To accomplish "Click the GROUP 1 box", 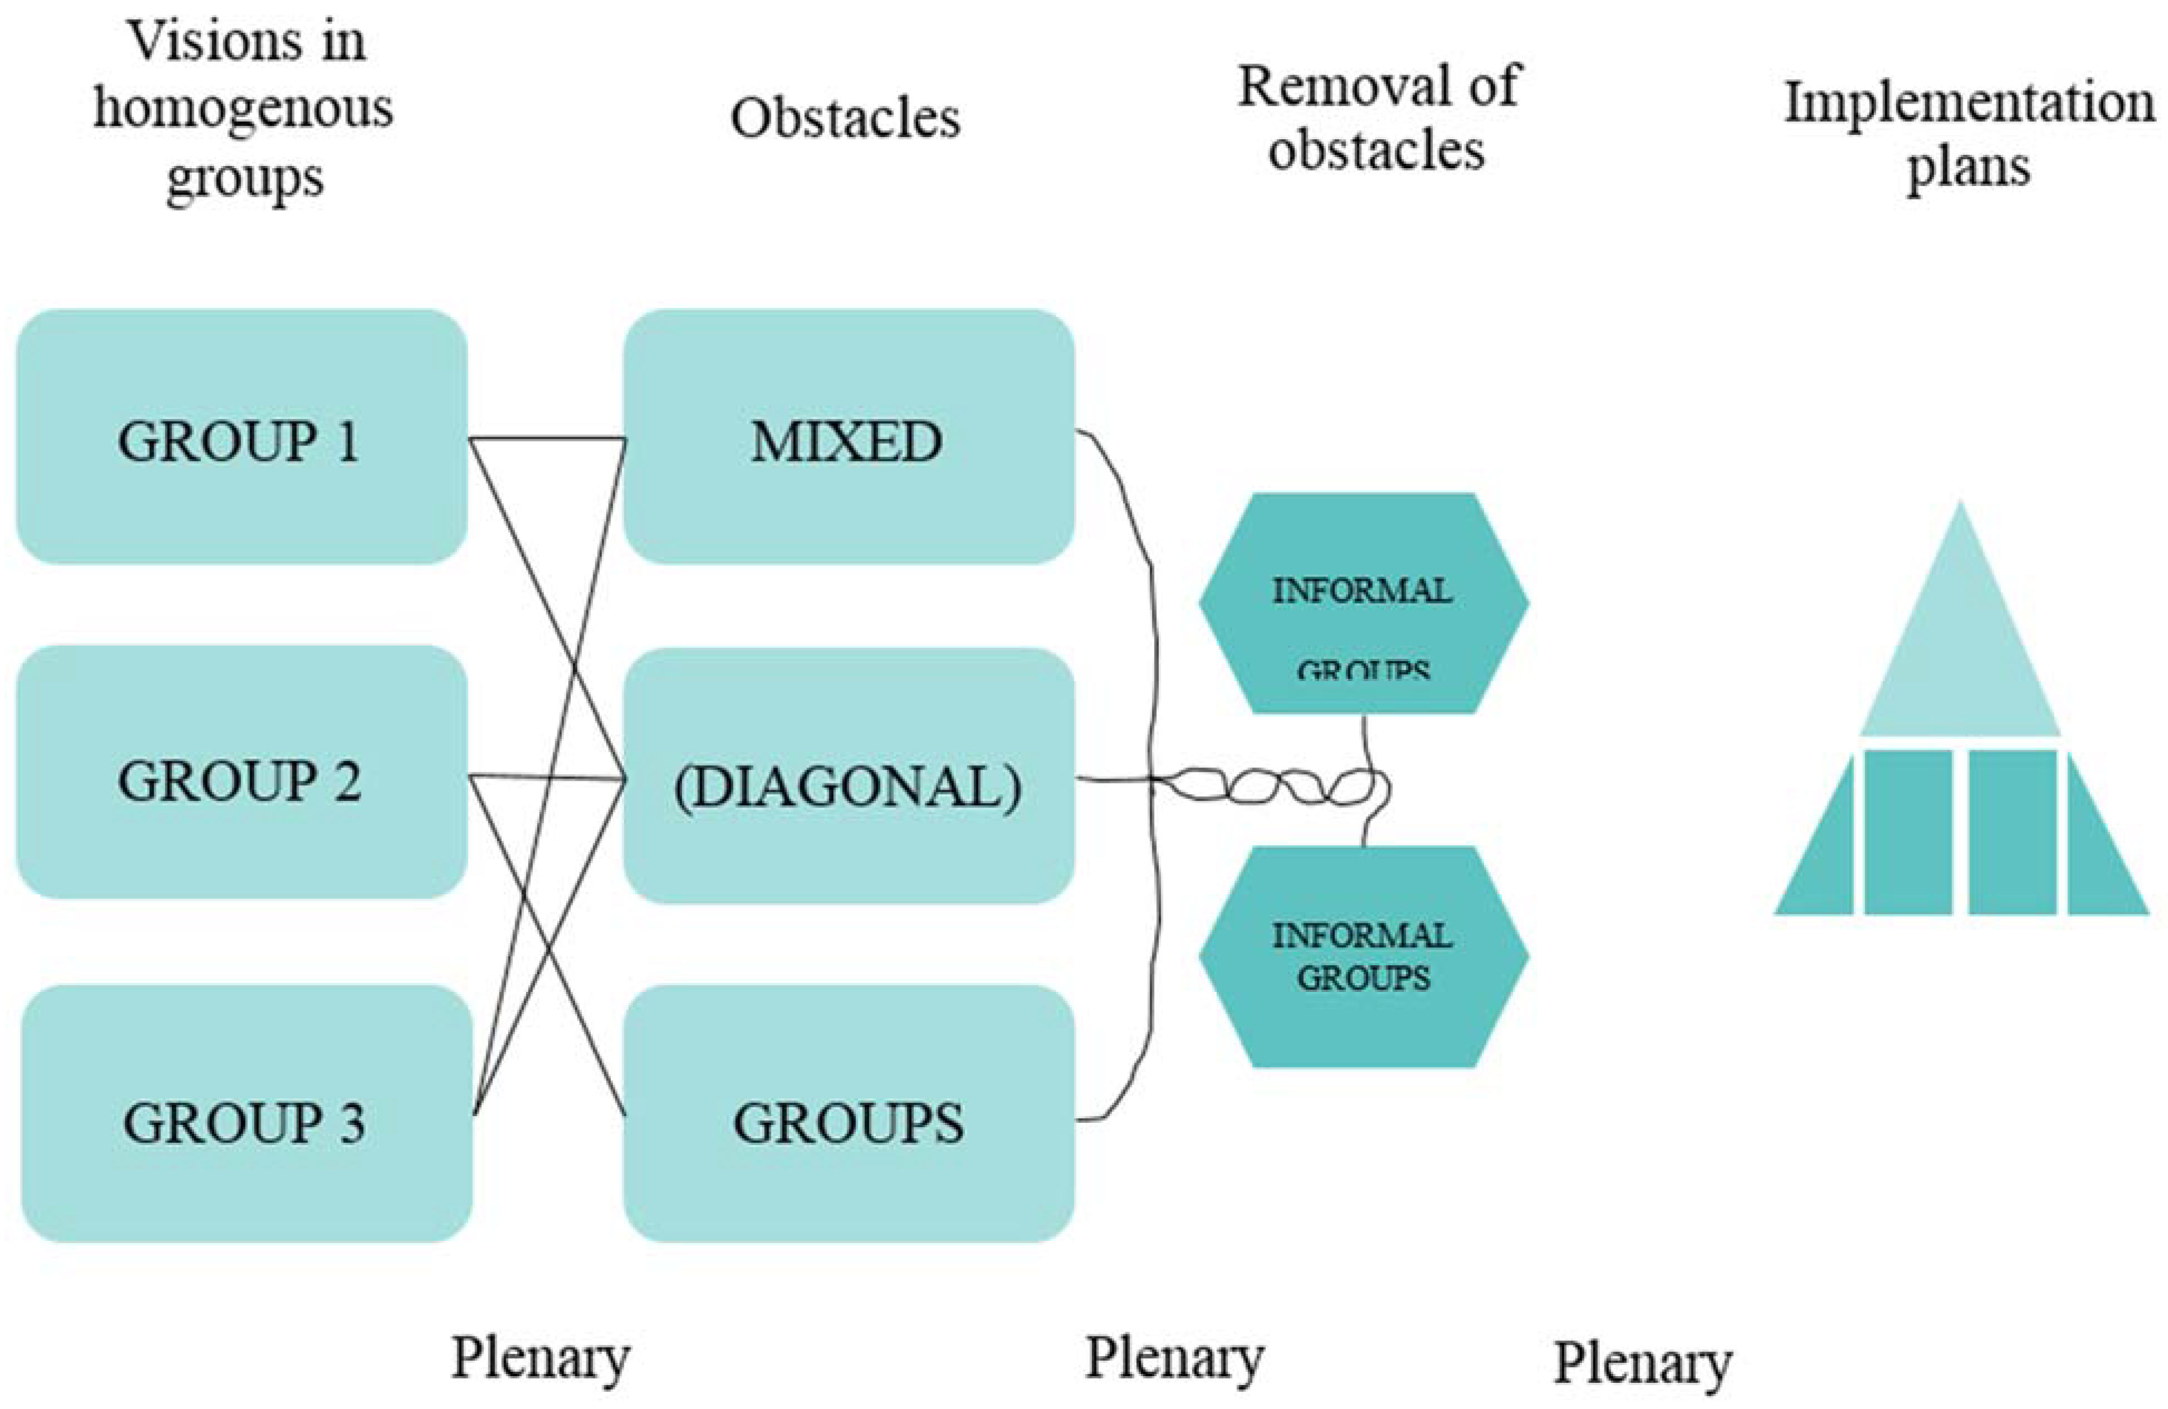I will (241, 437).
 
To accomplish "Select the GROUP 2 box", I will (241, 774).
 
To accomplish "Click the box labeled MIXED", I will (847, 437).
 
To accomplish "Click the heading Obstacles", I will (845, 119).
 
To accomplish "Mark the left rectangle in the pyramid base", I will (1907, 831).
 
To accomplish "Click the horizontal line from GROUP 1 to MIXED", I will (546, 439).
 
